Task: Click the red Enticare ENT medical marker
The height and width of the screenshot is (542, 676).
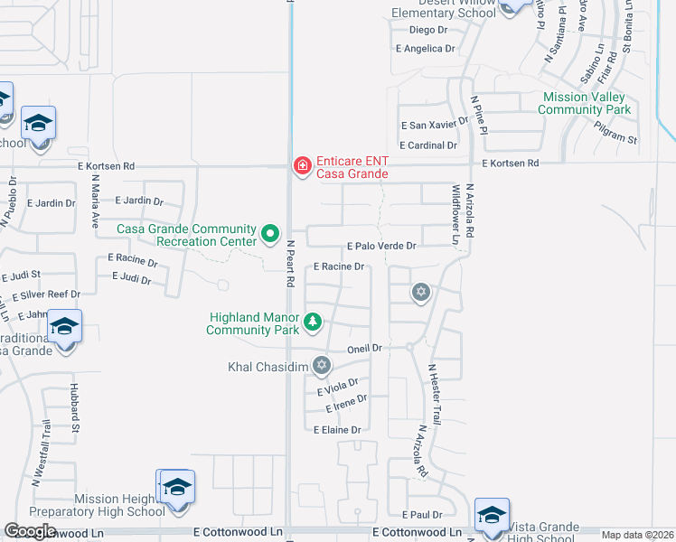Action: tap(302, 166)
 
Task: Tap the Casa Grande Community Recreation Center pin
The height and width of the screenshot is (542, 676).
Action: tap(269, 235)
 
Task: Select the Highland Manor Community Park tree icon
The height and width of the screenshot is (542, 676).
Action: tap(313, 321)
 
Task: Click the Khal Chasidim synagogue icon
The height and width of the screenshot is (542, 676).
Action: tap(321, 366)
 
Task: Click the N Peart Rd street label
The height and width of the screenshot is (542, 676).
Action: tap(291, 263)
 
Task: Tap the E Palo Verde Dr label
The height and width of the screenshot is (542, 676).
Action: tap(381, 246)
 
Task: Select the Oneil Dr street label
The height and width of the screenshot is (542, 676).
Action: tap(366, 348)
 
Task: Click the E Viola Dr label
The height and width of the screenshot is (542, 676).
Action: tap(338, 388)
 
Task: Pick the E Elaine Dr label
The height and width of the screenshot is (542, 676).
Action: tap(337, 430)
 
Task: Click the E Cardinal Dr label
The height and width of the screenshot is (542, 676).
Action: tap(428, 145)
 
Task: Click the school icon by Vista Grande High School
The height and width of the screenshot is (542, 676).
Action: tap(492, 516)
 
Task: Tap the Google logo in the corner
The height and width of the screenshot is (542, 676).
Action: tap(30, 531)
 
